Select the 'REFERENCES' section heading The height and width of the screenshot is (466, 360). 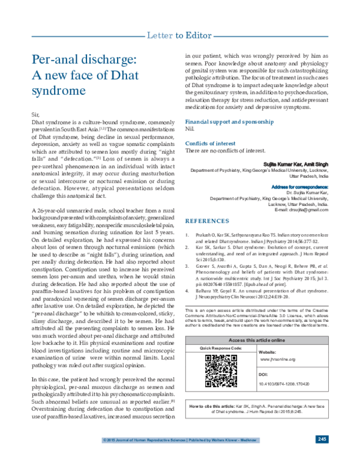pos(207,221)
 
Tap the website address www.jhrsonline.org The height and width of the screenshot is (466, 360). pos(277,359)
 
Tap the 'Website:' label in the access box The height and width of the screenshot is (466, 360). pos(268,351)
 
